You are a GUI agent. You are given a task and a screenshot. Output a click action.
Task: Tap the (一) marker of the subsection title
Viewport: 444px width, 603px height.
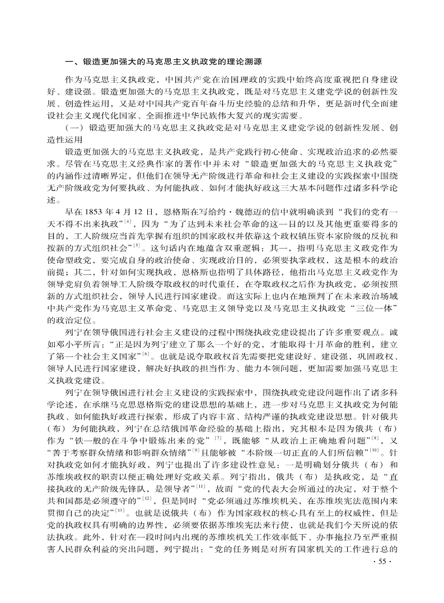pos(73,128)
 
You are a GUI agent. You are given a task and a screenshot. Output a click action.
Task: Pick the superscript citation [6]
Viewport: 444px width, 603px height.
pos(146,354)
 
